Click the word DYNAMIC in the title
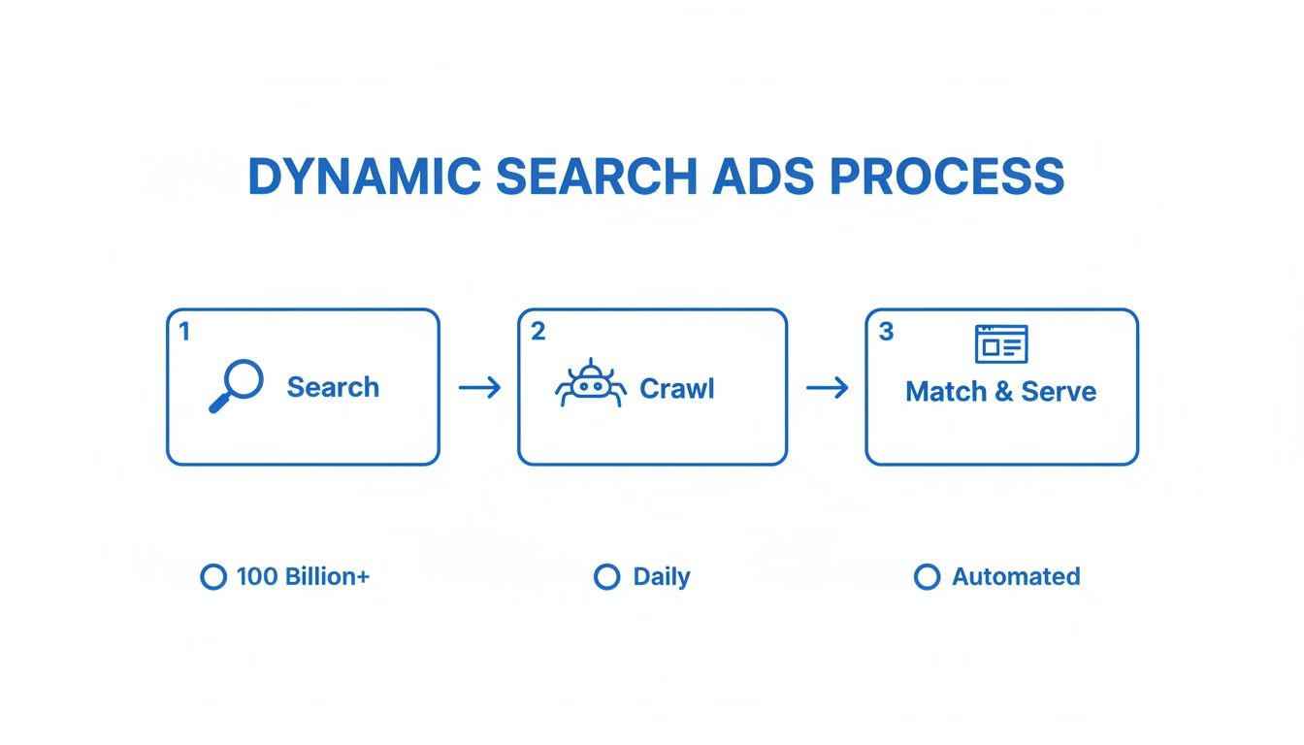(x=363, y=177)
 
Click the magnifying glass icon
(x=235, y=386)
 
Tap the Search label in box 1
(x=333, y=387)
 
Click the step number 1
(x=184, y=332)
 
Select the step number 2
(x=538, y=332)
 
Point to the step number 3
(x=885, y=332)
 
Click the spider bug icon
(x=590, y=384)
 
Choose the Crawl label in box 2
(x=677, y=389)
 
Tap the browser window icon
(x=1000, y=344)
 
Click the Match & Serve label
(x=1000, y=392)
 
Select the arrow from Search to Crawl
(x=479, y=388)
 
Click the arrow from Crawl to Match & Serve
(x=827, y=388)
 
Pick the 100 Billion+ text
(x=303, y=576)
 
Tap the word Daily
(x=661, y=576)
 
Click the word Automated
(x=1016, y=576)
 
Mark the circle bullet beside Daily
(x=606, y=577)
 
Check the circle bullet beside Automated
(x=927, y=577)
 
